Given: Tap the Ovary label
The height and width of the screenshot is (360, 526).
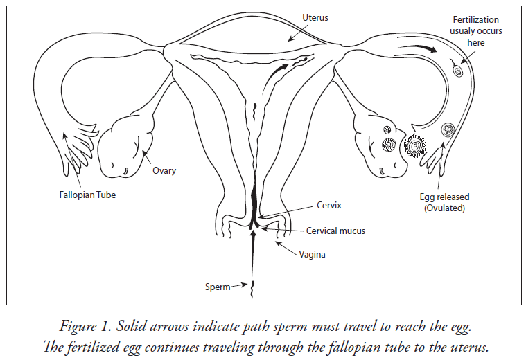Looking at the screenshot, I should [164, 170].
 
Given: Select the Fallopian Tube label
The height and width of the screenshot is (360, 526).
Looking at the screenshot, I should [85, 195].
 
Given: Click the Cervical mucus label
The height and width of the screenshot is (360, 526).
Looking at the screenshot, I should [335, 231].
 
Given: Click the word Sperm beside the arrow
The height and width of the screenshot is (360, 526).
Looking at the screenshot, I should [218, 287].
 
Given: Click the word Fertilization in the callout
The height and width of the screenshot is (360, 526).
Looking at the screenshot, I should [476, 19].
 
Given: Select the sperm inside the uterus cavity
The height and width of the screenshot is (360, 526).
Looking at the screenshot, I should [255, 109].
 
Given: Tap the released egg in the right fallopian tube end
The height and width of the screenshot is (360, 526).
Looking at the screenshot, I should [447, 129].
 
